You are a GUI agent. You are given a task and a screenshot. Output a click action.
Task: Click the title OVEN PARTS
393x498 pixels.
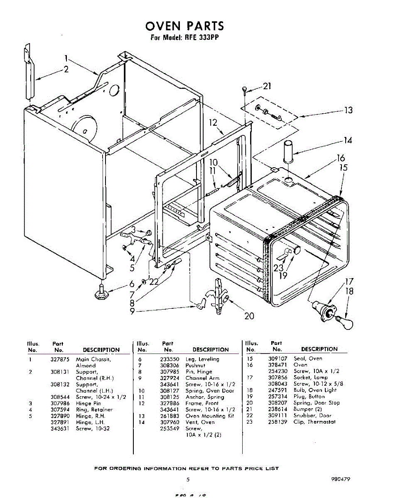pyautogui.click(x=184, y=26)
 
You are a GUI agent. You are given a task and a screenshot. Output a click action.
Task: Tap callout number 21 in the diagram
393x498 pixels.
pyautogui.click(x=267, y=86)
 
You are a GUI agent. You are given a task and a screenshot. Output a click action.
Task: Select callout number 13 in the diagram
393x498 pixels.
pyautogui.click(x=348, y=110)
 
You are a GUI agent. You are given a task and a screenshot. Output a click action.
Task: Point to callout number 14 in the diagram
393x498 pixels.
pyautogui.click(x=348, y=141)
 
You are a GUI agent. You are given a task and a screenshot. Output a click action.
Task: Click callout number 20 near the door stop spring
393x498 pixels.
pyautogui.click(x=249, y=316)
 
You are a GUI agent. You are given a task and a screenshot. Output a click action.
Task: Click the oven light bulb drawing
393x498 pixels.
pyautogui.click(x=344, y=322)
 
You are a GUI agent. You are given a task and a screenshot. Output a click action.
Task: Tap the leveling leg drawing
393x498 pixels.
pyautogui.click(x=102, y=292)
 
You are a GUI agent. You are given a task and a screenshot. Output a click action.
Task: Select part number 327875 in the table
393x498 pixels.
pyautogui.click(x=59, y=359)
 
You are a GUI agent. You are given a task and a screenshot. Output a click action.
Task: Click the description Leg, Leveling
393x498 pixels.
pyautogui.click(x=202, y=359)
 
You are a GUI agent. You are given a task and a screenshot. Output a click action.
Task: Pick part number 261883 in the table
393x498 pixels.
pyautogui.click(x=168, y=416)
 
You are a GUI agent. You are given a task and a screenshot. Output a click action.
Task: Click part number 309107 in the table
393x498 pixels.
pyautogui.click(x=277, y=359)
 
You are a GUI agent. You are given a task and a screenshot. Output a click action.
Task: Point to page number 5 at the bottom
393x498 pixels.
pyautogui.click(x=188, y=479)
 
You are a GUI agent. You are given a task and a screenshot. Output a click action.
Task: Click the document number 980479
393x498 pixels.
pyautogui.click(x=341, y=479)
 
